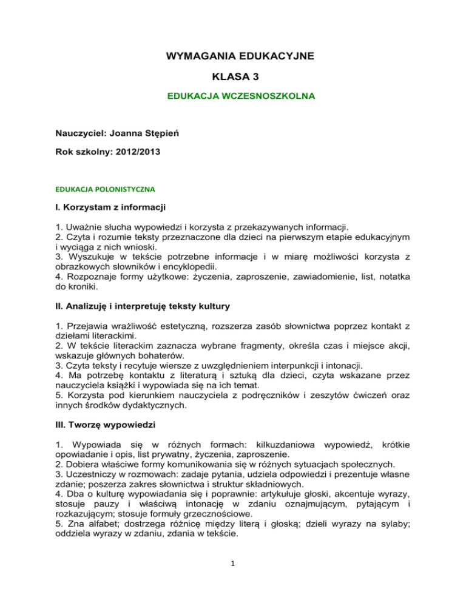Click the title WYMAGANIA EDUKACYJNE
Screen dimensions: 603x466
pos(232,56)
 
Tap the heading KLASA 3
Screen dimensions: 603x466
pos(232,77)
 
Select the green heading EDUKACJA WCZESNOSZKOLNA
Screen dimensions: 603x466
pos(232,96)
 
